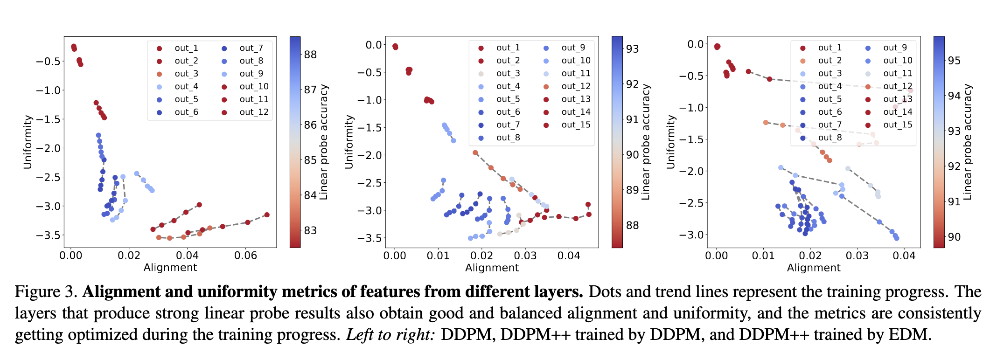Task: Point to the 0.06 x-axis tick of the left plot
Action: (245, 256)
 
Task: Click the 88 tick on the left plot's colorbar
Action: (310, 55)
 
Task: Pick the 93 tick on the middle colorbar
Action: (632, 48)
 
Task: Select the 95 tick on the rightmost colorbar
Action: (954, 61)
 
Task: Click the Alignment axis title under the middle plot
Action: (492, 268)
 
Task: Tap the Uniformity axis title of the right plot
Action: (671, 142)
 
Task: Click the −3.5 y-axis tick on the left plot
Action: (48, 235)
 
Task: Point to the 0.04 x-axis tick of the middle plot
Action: (569, 256)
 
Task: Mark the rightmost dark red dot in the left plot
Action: (267, 215)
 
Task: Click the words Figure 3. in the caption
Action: (46, 292)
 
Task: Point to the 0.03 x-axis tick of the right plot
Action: (857, 256)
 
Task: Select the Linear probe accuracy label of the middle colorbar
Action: (646, 142)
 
